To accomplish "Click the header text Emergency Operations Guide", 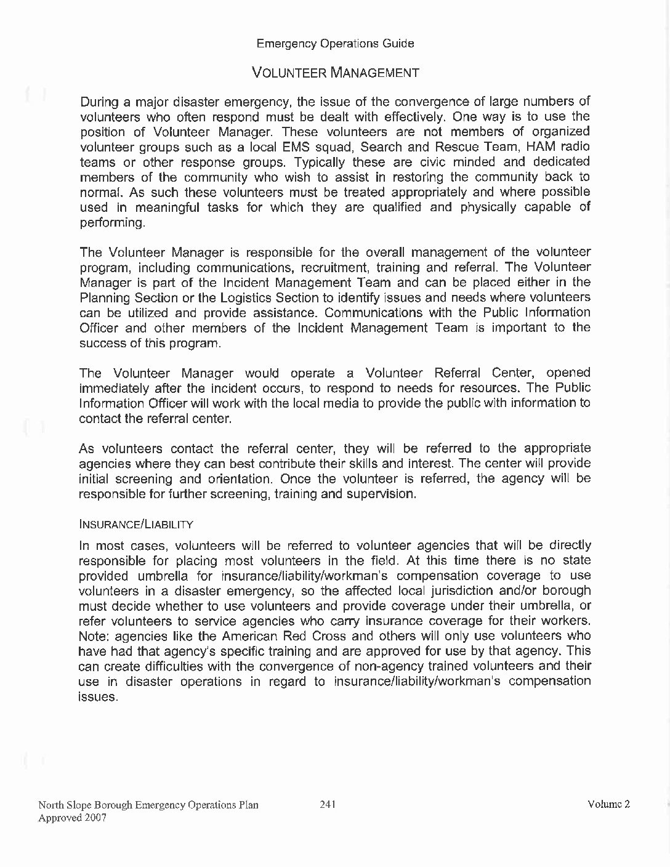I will (x=335, y=44).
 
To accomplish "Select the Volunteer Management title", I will (x=336, y=73).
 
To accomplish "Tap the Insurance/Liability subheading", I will (x=136, y=525).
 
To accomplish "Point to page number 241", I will (x=328, y=804).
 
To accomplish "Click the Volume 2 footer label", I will (x=608, y=804).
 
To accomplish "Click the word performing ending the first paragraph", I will (x=112, y=222).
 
